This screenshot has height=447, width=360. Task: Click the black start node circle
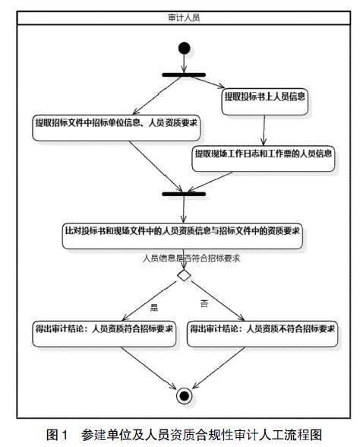coord(184,48)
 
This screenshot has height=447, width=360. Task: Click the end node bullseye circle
coord(184,395)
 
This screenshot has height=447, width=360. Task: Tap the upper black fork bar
coord(184,75)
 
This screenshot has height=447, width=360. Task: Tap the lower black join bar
coord(184,194)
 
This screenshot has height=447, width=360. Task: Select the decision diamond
coord(184,275)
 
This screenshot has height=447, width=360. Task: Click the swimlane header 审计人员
coord(184,17)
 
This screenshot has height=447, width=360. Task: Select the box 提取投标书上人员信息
coord(264,102)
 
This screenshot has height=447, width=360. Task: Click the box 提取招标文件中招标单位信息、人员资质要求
coord(116,128)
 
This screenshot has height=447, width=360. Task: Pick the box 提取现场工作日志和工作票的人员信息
coord(263,159)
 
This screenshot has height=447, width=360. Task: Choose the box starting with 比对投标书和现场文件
coord(182,236)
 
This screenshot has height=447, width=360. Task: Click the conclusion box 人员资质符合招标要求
coord(104,334)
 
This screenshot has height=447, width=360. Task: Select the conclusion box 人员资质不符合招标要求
coord(262,334)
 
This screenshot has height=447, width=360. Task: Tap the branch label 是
coord(154,307)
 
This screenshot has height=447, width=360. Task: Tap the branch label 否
coord(204,303)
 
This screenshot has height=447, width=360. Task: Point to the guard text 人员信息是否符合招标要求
coord(191,258)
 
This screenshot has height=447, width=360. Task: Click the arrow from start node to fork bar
coord(184,63)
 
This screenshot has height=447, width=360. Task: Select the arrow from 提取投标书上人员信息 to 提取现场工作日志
coord(264,131)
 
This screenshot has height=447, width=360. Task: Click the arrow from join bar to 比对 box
coord(184,210)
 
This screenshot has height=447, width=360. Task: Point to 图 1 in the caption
coord(57,435)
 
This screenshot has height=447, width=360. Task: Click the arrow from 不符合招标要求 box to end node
coord(219,368)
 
